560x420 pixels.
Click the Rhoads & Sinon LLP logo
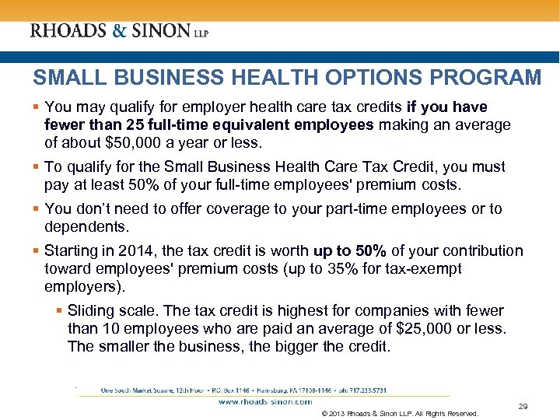(x=119, y=32)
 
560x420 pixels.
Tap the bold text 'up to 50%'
(x=349, y=250)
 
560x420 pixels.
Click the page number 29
(x=523, y=406)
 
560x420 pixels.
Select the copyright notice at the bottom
(x=400, y=413)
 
